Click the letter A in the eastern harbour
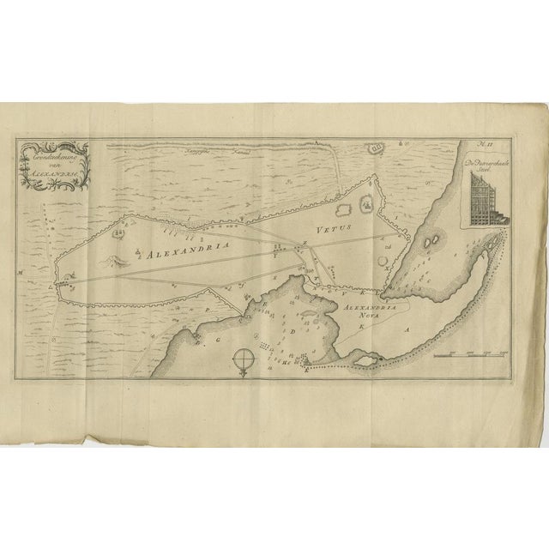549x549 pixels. (x=407, y=329)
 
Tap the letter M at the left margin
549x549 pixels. (x=19, y=274)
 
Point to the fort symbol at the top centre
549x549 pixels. (x=377, y=149)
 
